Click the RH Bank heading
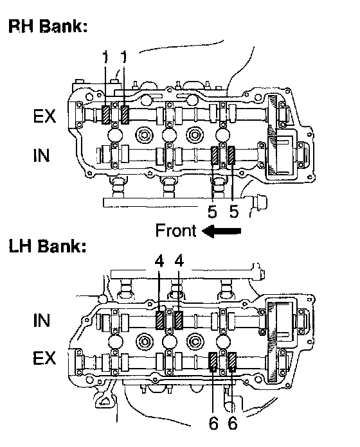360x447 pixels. point(48,26)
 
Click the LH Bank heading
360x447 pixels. point(48,246)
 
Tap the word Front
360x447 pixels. point(175,231)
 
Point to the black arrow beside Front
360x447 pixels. point(222,231)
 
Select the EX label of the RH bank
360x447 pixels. point(44,116)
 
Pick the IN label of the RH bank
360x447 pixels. point(41,155)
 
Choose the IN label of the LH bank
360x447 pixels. point(41,320)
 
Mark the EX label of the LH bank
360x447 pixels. point(44,358)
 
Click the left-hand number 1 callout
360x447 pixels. point(105,57)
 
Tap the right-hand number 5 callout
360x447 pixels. point(234,212)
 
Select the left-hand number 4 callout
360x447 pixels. point(159,261)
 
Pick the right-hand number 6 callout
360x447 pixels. point(233,423)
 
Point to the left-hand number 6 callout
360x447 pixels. point(213,423)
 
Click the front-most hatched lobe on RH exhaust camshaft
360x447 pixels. point(106,114)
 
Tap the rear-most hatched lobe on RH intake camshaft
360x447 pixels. point(231,155)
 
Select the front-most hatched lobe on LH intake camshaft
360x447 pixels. point(159,320)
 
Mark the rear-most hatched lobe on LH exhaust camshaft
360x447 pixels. point(233,362)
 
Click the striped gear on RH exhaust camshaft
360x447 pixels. point(273,114)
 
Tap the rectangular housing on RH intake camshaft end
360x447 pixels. point(281,156)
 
